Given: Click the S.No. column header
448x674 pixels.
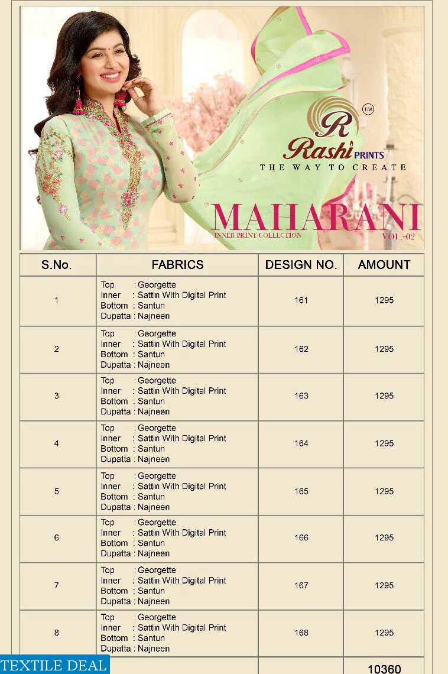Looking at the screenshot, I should click(x=57, y=265).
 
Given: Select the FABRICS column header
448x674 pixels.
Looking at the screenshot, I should click(x=177, y=265).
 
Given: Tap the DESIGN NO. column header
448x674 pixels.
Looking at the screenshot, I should click(x=301, y=265).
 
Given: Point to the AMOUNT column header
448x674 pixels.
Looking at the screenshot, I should click(x=384, y=265).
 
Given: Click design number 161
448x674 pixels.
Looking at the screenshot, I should click(x=301, y=300).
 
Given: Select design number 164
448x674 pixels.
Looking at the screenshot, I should click(x=301, y=443).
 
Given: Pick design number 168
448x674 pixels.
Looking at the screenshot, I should click(x=301, y=633).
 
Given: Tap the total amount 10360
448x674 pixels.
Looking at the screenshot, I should click(x=384, y=669).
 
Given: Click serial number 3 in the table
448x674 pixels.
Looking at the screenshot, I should click(x=57, y=396).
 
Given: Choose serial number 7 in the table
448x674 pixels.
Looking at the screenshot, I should click(x=57, y=585).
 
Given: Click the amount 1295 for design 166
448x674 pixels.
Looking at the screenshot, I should click(x=384, y=537).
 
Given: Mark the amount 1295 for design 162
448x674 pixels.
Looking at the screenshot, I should click(x=384, y=349).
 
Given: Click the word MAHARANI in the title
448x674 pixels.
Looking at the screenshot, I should click(x=316, y=218).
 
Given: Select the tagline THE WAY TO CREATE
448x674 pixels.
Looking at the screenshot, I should click(x=333, y=167).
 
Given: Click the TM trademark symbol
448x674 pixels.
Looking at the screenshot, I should click(x=368, y=109).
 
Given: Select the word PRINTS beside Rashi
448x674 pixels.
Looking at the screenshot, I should click(x=369, y=155).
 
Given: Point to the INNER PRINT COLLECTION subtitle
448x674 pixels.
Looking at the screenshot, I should click(x=258, y=235).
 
